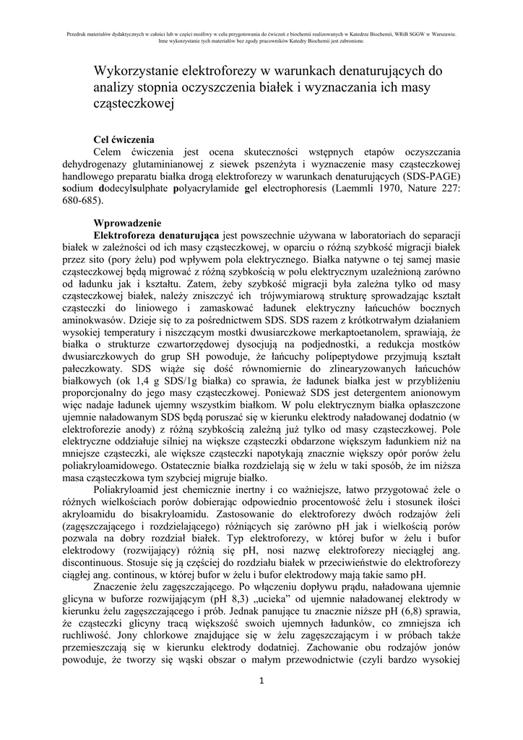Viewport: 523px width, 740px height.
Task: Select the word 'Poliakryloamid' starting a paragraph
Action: coord(128,489)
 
